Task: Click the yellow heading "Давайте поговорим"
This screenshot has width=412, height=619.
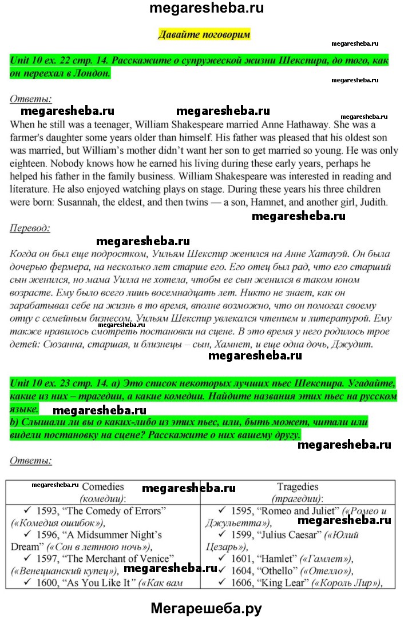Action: point(204,34)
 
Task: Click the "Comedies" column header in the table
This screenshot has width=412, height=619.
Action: point(103,487)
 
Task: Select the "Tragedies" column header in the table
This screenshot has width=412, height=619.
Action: point(298,487)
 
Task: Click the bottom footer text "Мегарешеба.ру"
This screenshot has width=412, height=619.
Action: point(206,608)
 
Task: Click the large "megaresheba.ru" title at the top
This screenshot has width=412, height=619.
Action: point(206,9)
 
